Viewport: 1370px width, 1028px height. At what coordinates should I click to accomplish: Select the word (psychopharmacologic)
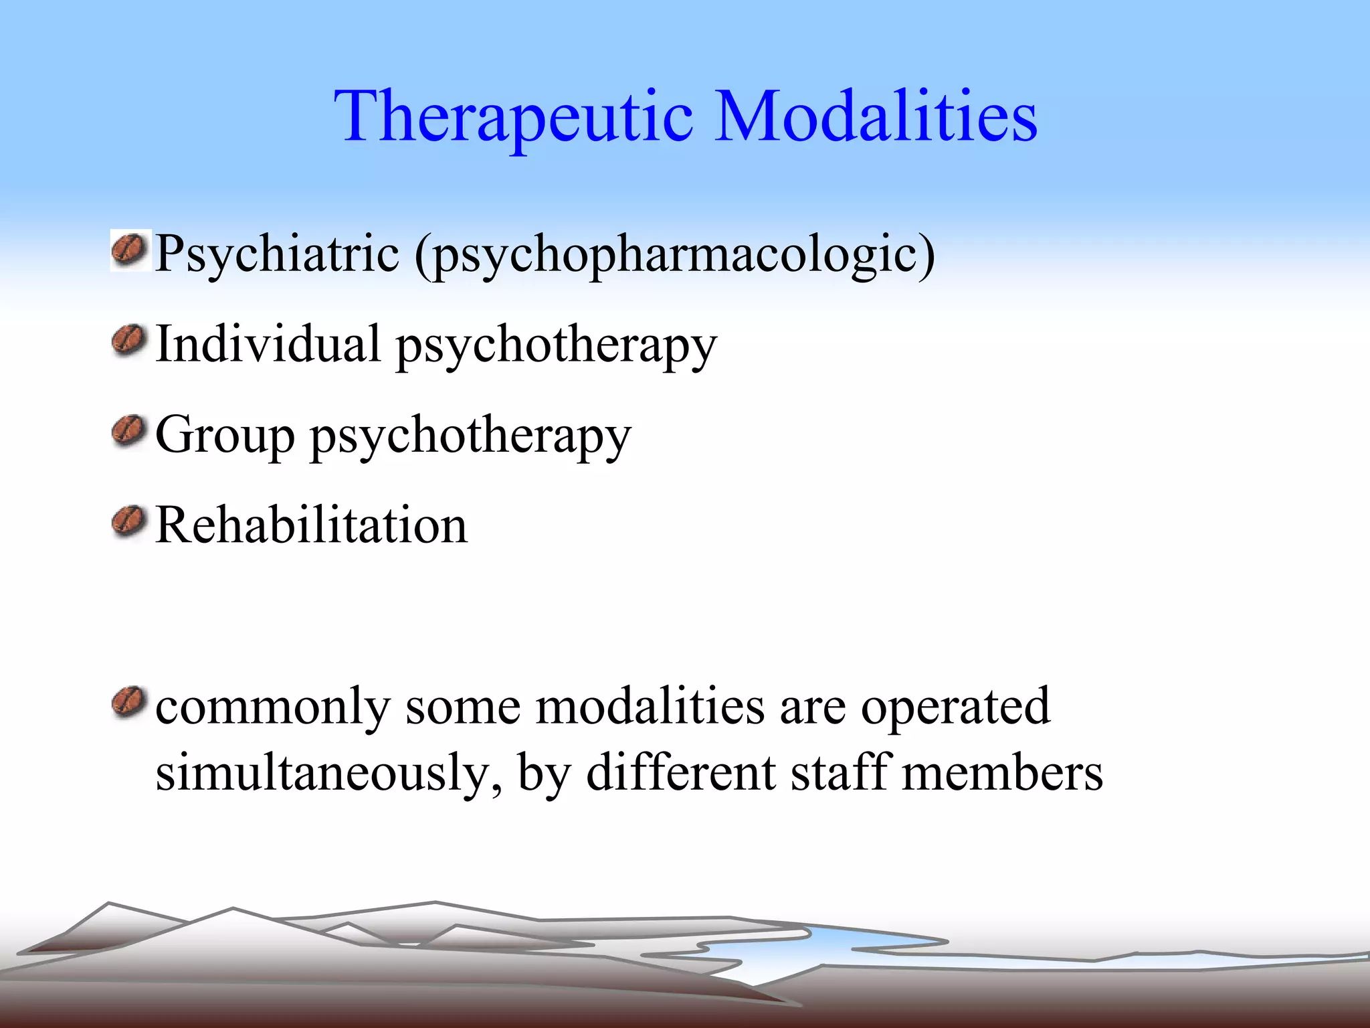674,254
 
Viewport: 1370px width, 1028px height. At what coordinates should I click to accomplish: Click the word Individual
268,344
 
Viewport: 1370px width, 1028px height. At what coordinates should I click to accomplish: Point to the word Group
225,435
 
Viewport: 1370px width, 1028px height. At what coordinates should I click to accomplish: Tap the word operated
955,707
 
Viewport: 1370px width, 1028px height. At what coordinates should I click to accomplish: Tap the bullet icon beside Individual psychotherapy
129,341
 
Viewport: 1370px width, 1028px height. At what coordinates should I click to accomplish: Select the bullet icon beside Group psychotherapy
129,431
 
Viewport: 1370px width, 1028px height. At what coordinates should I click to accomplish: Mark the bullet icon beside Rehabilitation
129,522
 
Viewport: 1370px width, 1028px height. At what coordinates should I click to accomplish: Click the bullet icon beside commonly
129,703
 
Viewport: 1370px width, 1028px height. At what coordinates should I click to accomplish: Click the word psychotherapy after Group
470,436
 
